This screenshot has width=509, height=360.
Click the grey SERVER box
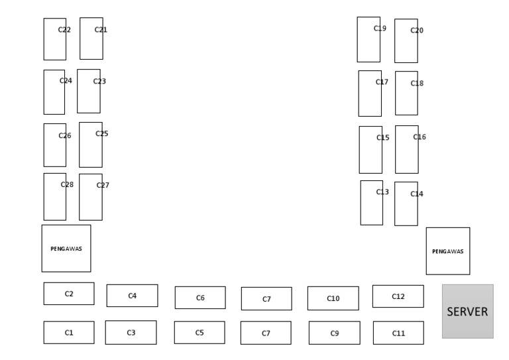click(467, 312)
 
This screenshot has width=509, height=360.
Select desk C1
click(69, 333)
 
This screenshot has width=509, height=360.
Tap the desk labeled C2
click(69, 294)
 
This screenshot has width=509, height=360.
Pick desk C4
click(132, 296)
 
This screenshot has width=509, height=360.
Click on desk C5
click(199, 333)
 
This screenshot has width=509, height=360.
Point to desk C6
click(200, 298)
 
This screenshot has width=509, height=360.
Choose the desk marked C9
click(334, 333)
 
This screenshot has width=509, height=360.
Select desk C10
click(333, 298)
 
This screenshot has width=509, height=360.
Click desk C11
click(398, 333)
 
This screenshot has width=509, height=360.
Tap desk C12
click(398, 296)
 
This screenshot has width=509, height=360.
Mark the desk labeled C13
click(372, 203)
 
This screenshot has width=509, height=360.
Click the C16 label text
click(420, 137)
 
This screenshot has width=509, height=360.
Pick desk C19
click(368, 40)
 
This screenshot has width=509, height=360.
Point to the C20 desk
click(406, 41)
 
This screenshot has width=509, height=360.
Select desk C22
click(55, 39)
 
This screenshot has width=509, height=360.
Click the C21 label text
click(101, 29)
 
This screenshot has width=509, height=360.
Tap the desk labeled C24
click(54, 92)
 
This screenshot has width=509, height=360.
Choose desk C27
click(91, 197)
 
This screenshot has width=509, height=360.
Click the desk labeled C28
click(55, 197)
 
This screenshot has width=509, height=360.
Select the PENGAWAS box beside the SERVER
click(448, 251)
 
